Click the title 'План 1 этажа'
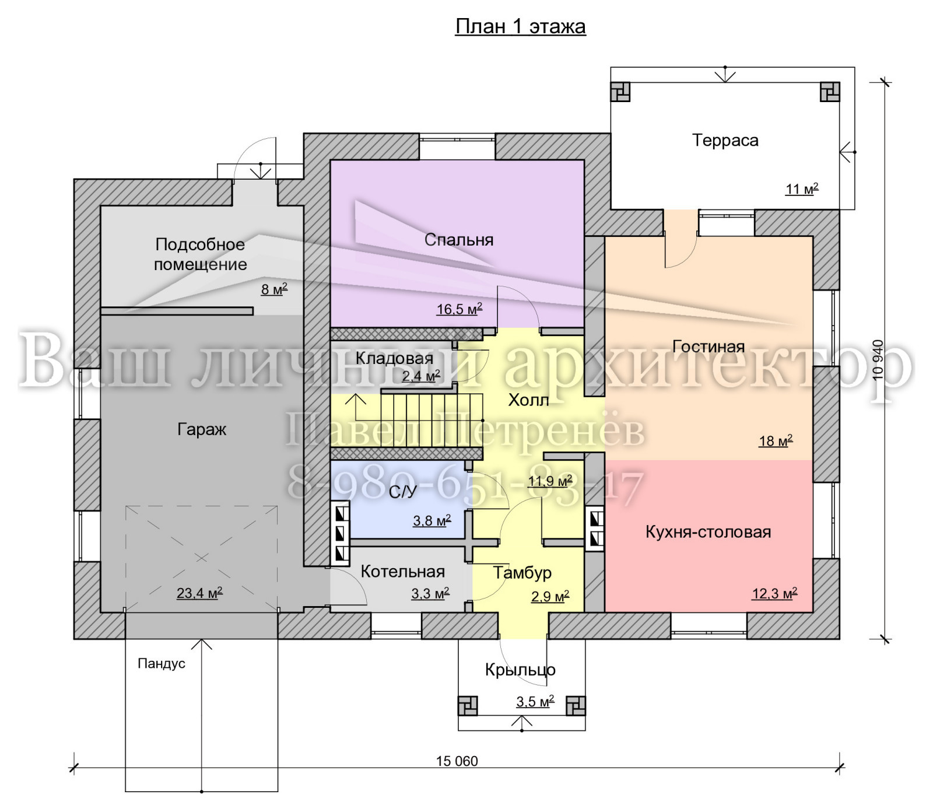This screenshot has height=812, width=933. click(x=520, y=27)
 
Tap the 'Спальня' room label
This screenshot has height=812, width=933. click(x=459, y=240)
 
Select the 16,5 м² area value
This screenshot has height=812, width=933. click(x=460, y=309)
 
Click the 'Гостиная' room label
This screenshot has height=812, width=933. click(x=708, y=346)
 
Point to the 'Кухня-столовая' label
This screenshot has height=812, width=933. click(x=708, y=532)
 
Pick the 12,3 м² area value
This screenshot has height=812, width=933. click(x=774, y=593)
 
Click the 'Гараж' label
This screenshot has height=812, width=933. click(x=202, y=430)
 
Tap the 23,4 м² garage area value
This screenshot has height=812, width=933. click(x=199, y=593)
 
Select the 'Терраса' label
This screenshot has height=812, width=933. click(x=725, y=141)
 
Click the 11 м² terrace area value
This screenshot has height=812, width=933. click(x=802, y=189)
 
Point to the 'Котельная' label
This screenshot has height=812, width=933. click(x=403, y=571)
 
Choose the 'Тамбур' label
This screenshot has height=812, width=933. click(x=522, y=573)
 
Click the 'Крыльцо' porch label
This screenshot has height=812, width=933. click(x=520, y=670)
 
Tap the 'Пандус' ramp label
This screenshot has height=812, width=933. click(x=162, y=663)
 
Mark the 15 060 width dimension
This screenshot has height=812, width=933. click(x=457, y=761)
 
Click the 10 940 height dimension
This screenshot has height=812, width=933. click(x=878, y=360)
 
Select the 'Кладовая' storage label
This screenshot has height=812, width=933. click(x=395, y=358)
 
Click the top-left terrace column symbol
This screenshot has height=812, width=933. click(x=620, y=92)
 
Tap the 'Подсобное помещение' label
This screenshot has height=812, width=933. click(x=201, y=254)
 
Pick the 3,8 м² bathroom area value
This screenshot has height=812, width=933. click(x=432, y=520)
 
